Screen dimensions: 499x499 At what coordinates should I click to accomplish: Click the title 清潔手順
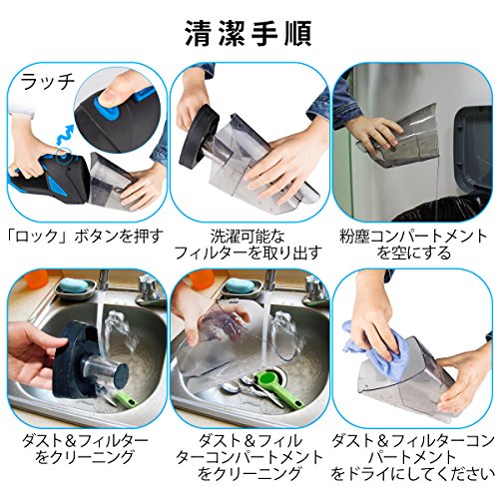click(249, 34)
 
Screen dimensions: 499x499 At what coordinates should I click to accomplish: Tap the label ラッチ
click(48, 82)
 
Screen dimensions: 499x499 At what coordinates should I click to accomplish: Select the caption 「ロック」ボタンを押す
click(86, 237)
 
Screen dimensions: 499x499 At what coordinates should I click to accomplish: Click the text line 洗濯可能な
click(248, 237)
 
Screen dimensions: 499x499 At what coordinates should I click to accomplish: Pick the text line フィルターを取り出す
click(249, 253)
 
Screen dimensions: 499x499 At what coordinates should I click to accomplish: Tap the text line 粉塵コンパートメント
click(413, 237)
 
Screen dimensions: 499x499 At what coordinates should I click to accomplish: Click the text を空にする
click(413, 253)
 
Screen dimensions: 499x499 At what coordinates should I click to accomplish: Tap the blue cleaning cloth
click(379, 349)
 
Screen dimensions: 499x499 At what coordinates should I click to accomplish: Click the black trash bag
click(442, 208)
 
